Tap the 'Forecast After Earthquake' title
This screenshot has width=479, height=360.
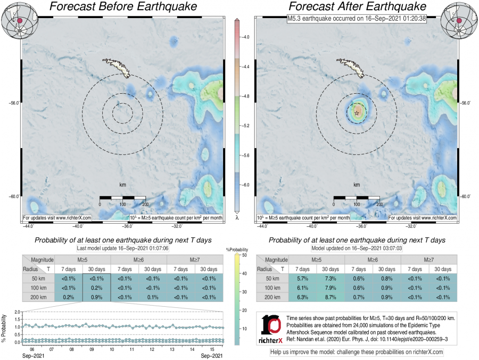coord(357,6)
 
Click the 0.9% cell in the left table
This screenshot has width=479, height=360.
coord(96,297)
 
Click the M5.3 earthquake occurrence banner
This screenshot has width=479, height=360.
coord(356,18)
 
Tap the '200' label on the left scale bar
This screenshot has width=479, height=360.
coord(145,203)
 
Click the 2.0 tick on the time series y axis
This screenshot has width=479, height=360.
coord(18,312)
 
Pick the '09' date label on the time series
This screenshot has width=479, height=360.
coord(92,349)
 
